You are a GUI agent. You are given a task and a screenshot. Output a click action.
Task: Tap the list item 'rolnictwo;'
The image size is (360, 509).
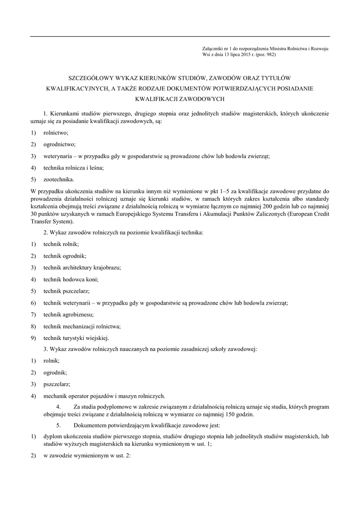coord(56,133)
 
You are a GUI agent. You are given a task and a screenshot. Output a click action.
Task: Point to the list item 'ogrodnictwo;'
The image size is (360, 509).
coord(59,144)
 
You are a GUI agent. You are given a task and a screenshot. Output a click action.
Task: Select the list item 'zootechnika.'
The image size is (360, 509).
coord(59,179)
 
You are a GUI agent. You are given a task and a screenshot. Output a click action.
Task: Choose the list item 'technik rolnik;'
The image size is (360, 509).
coord(61,244)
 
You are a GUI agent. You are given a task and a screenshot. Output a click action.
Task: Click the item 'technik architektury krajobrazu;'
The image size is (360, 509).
coord(82,267)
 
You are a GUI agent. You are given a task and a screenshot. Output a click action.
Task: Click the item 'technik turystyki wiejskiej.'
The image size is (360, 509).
coord(76,338)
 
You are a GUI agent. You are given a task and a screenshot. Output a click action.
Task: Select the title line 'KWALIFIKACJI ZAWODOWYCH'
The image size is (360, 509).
coord(180,99)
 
